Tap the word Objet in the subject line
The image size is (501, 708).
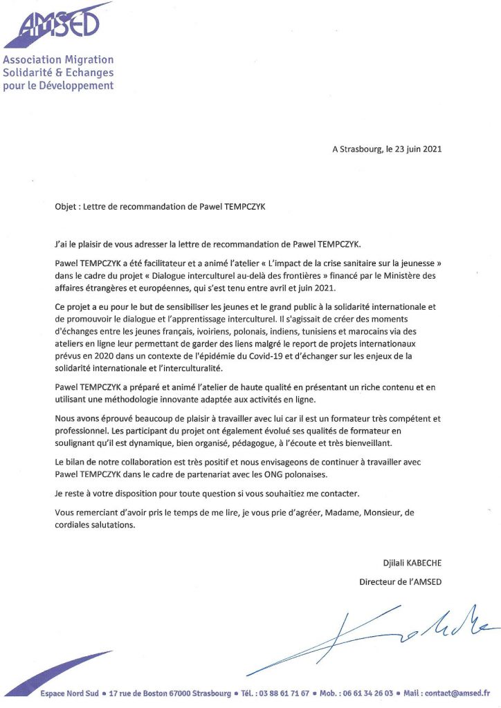66,205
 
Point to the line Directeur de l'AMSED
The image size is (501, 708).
400,581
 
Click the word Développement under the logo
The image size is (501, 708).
77,86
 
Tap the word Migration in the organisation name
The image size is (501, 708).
85,60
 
